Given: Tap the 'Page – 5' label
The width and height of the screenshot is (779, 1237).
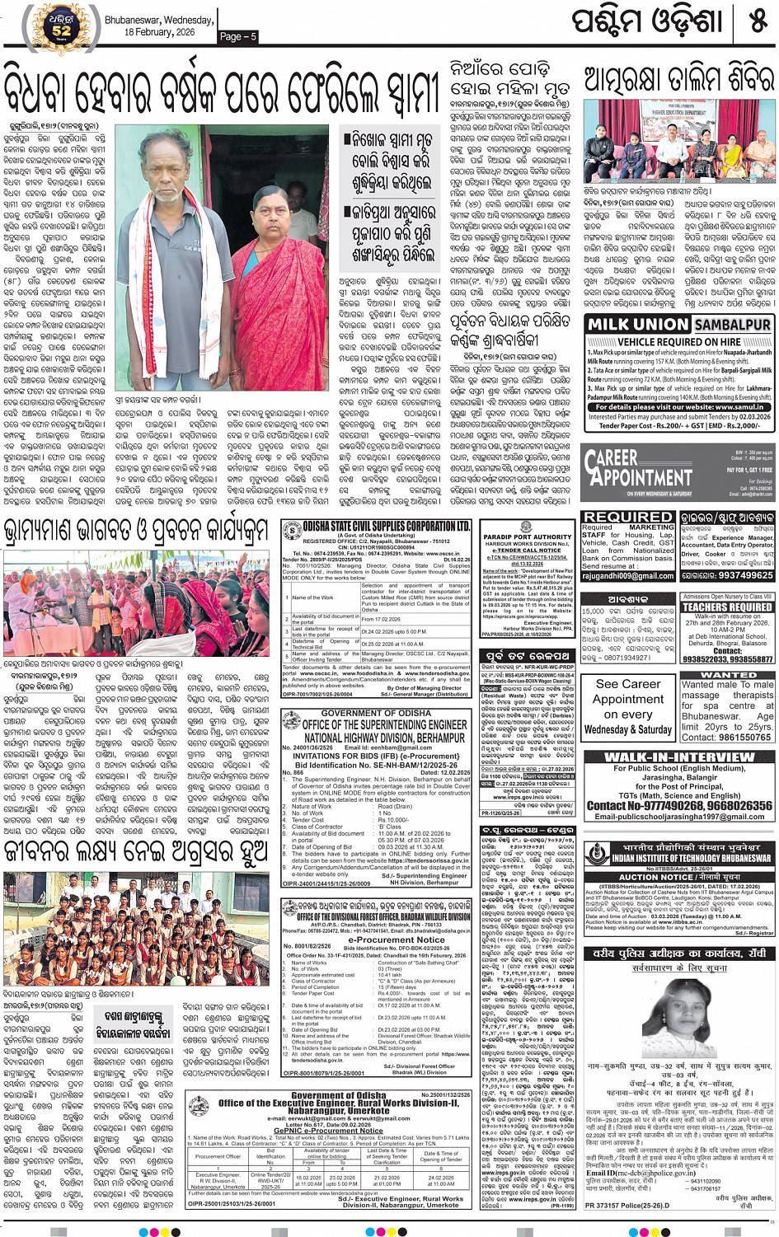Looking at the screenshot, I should pos(238,36).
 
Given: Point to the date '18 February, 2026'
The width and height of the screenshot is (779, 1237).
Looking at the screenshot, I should pos(159,32).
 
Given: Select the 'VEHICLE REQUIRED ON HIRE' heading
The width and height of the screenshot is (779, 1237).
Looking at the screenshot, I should pos(678,341).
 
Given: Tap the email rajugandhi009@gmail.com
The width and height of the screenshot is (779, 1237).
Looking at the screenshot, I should pos(628,576).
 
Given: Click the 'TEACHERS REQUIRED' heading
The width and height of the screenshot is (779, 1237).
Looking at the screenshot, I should pos(727,607).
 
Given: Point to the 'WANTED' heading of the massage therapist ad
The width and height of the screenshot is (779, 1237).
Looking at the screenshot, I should pos(727,675).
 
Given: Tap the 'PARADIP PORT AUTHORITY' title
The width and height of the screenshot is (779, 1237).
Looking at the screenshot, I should pos(527,537).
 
